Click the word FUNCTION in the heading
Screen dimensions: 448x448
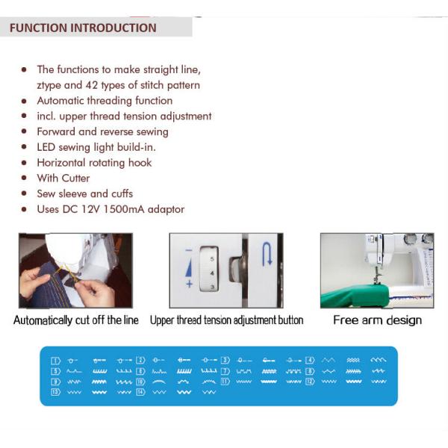(37, 28)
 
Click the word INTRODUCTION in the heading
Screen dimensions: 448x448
(113, 28)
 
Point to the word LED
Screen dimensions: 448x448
(48, 147)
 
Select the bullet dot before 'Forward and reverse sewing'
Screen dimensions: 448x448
(25, 132)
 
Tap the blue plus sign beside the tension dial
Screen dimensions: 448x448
(189, 284)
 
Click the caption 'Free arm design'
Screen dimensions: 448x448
(377, 320)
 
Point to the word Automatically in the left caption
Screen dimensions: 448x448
(47, 320)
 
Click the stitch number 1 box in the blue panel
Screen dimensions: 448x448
(55, 361)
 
